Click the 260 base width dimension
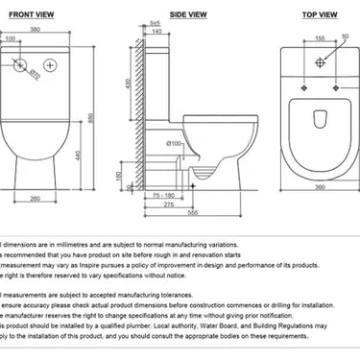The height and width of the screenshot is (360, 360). [x=35, y=199]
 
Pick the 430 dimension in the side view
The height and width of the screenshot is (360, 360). [x=127, y=84]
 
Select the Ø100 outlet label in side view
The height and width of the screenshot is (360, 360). [x=173, y=143]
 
